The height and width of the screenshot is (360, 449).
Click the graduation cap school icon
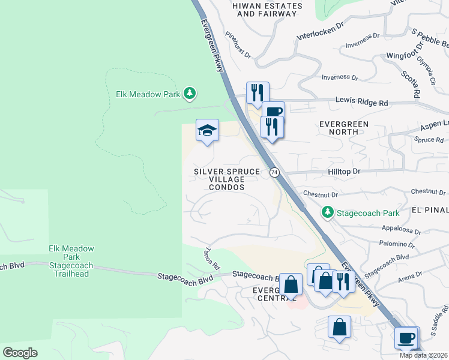(206, 131)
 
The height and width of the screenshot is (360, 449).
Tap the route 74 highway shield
(274, 172)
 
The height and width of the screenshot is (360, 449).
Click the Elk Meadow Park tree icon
(190, 93)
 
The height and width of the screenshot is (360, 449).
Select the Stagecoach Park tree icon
(327, 212)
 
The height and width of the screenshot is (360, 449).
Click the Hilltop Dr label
(344, 171)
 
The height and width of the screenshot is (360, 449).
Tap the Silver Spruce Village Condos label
(227, 179)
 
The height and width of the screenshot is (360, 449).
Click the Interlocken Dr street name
(322, 35)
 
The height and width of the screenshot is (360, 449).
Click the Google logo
(20, 352)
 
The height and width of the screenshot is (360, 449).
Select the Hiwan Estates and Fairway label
(267, 10)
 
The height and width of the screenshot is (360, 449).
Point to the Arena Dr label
(411, 274)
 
